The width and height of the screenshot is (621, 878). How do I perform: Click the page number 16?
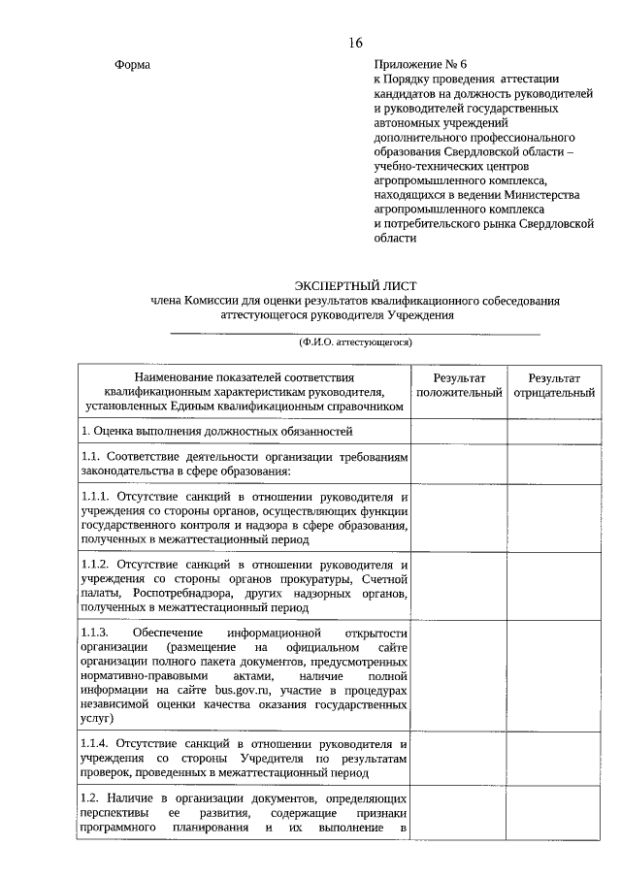[x=355, y=43]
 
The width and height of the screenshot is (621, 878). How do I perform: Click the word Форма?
[x=133, y=65]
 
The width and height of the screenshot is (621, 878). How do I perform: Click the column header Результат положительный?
[x=459, y=385]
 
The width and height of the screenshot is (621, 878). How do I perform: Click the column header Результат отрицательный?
[x=554, y=385]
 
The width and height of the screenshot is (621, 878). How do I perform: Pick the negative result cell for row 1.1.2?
[x=554, y=586]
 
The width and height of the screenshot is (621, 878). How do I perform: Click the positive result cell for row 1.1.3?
[x=459, y=675]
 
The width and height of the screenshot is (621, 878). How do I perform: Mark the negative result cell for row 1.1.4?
[x=554, y=758]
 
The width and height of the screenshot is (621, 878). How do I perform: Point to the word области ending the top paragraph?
[x=395, y=237]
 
